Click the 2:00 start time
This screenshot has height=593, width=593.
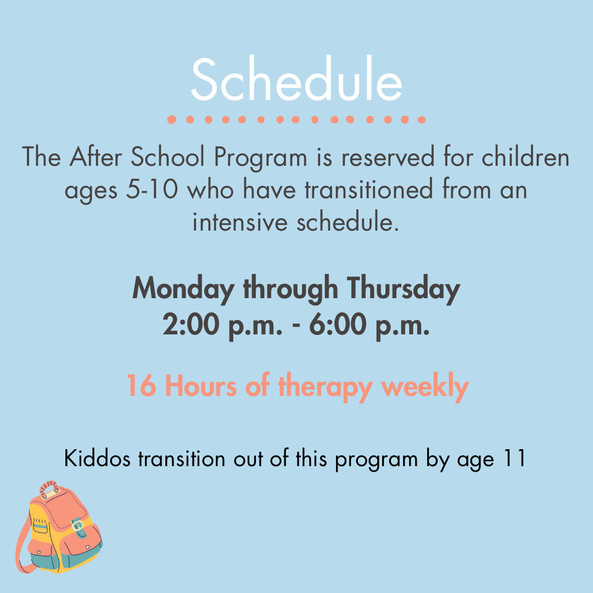tap(191, 324)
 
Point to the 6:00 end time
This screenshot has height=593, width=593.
tap(338, 324)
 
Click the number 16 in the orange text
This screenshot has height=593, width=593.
tap(141, 386)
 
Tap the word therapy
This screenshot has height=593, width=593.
tap(326, 387)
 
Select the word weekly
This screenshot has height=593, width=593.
tap(425, 387)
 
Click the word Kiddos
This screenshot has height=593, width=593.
tap(97, 458)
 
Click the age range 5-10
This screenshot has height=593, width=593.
tap(152, 189)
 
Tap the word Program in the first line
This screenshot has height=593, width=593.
tap(261, 158)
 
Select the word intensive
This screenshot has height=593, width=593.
tap(240, 222)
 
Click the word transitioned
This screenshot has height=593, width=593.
tap(369, 189)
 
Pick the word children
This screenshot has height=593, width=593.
tap(525, 156)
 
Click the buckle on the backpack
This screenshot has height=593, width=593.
tap(77, 526)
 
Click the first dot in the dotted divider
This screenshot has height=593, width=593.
tap(172, 120)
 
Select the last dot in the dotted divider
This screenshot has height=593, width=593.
tap(421, 120)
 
